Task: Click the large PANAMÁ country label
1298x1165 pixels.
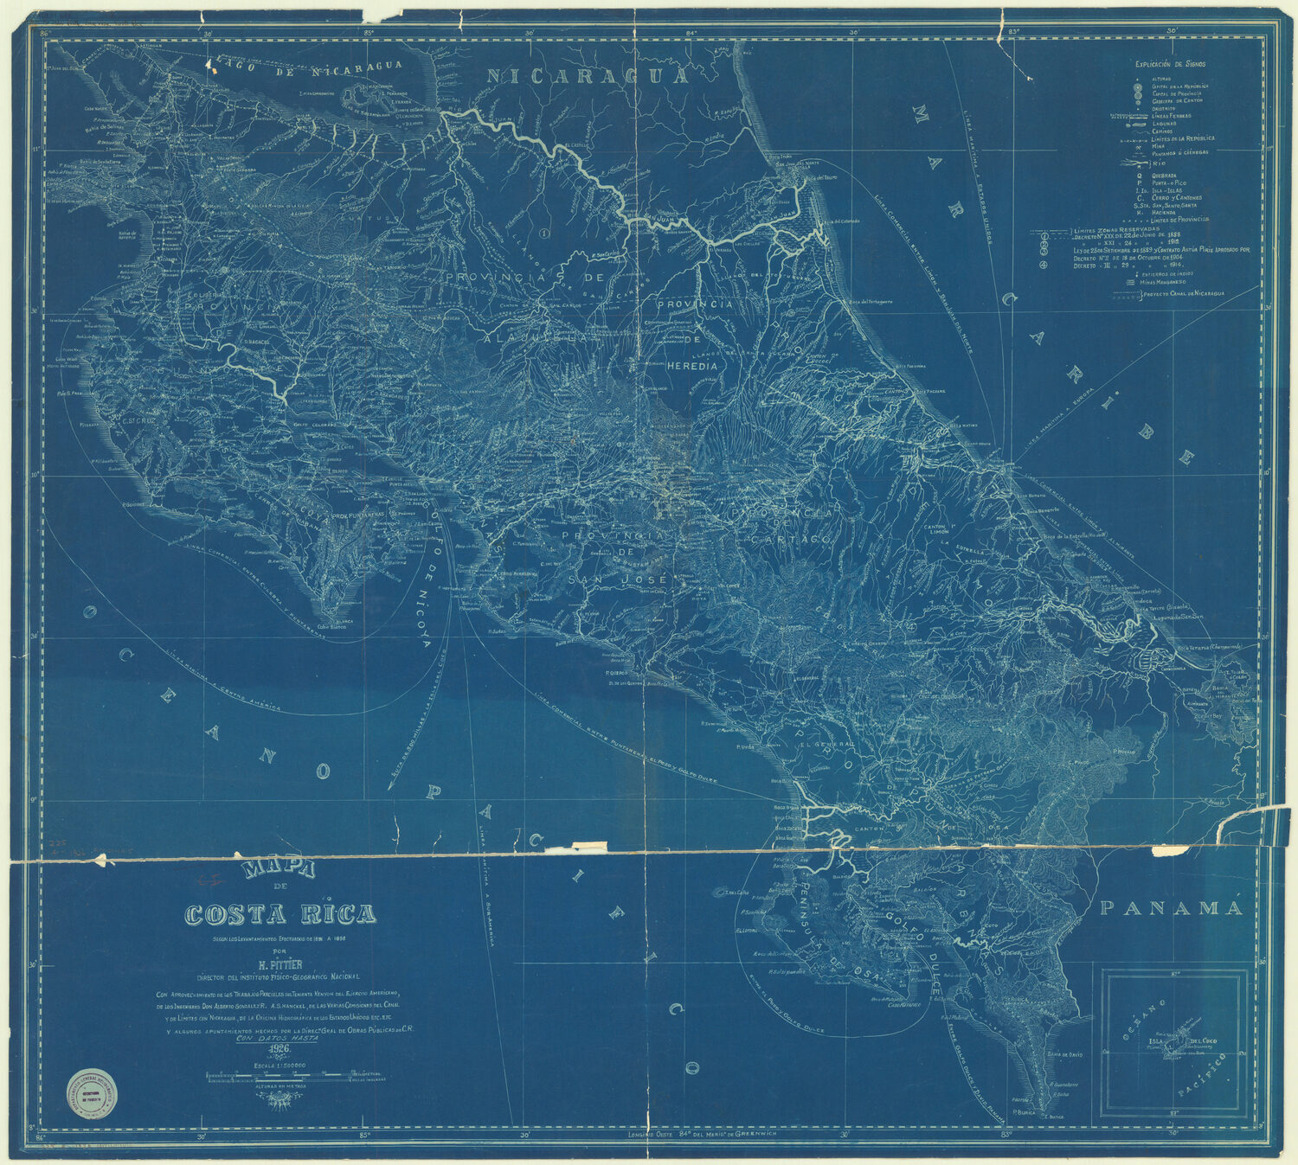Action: point(1171,908)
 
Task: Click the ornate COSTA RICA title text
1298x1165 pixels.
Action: point(280,914)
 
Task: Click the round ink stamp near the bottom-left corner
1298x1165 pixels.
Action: point(93,1093)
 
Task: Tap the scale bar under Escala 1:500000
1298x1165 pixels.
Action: point(279,1078)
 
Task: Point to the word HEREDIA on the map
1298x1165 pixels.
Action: point(692,366)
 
